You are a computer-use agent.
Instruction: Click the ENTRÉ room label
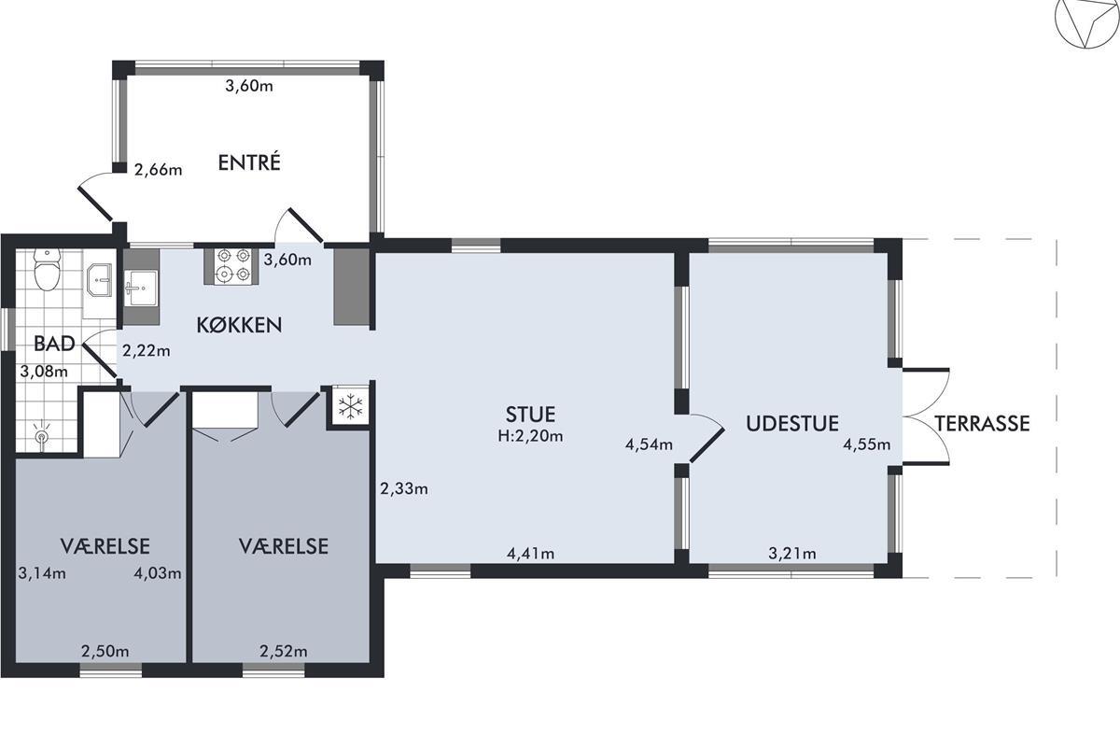(x=249, y=162)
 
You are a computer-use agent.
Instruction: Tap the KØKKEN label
(x=239, y=325)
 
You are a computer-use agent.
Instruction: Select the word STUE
(x=530, y=415)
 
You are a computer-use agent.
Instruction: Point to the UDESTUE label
(x=792, y=423)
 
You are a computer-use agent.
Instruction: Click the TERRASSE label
(x=982, y=423)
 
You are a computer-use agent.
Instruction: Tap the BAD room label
(x=54, y=344)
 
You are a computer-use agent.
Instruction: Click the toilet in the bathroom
(x=47, y=269)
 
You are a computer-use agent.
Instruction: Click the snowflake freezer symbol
(x=351, y=406)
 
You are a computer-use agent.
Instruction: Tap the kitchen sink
(x=141, y=288)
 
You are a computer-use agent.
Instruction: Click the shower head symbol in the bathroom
(x=42, y=435)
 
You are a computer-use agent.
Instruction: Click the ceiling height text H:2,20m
(x=530, y=436)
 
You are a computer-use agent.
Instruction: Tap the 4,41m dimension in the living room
(x=530, y=554)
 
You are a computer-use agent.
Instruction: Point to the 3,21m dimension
(x=792, y=554)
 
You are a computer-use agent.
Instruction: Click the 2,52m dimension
(x=284, y=652)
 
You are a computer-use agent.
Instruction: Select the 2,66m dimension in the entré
(x=158, y=170)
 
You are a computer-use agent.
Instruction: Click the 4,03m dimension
(x=158, y=573)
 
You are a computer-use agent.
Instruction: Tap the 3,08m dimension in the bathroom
(x=44, y=372)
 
